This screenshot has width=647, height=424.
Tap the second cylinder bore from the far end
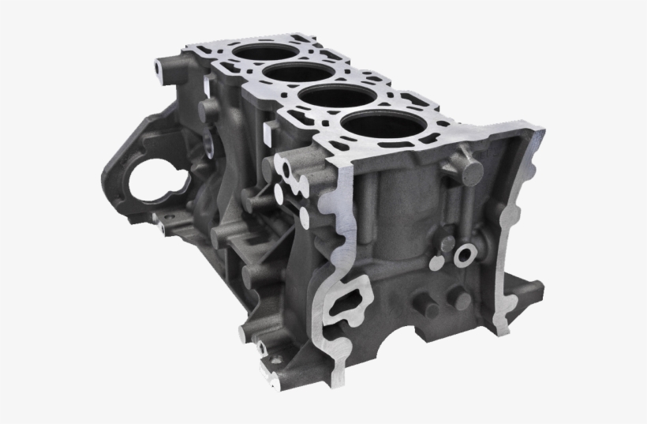tap(292, 75)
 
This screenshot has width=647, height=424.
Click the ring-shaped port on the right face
tap(464, 253)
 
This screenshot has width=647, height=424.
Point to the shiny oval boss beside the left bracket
tap(207, 145)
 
